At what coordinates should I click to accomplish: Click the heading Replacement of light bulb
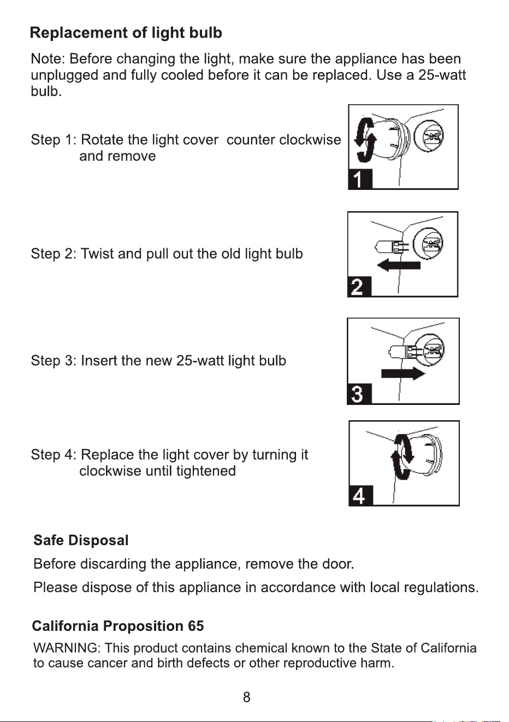[126, 33]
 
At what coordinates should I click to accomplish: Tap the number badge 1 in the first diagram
[360, 179]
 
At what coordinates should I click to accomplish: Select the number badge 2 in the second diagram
[359, 287]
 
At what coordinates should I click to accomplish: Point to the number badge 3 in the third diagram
[359, 393]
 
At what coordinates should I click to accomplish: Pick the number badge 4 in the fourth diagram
[361, 496]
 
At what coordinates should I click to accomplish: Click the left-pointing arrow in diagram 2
[399, 266]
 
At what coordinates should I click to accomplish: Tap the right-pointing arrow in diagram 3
[403, 374]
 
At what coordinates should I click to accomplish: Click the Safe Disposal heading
[81, 540]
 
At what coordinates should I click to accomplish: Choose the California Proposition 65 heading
[118, 626]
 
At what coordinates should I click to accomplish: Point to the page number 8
[246, 697]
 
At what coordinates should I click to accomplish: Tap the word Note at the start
[48, 59]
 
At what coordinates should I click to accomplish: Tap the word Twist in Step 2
[97, 254]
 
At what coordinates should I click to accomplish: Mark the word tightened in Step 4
[206, 471]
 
